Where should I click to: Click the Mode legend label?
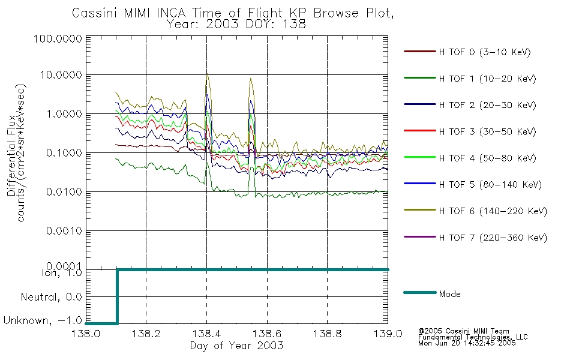pos(450,294)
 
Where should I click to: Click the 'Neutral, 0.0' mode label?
pos(52,297)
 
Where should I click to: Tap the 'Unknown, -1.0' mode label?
pos(42,322)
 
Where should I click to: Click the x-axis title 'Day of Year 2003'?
pos(236,346)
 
